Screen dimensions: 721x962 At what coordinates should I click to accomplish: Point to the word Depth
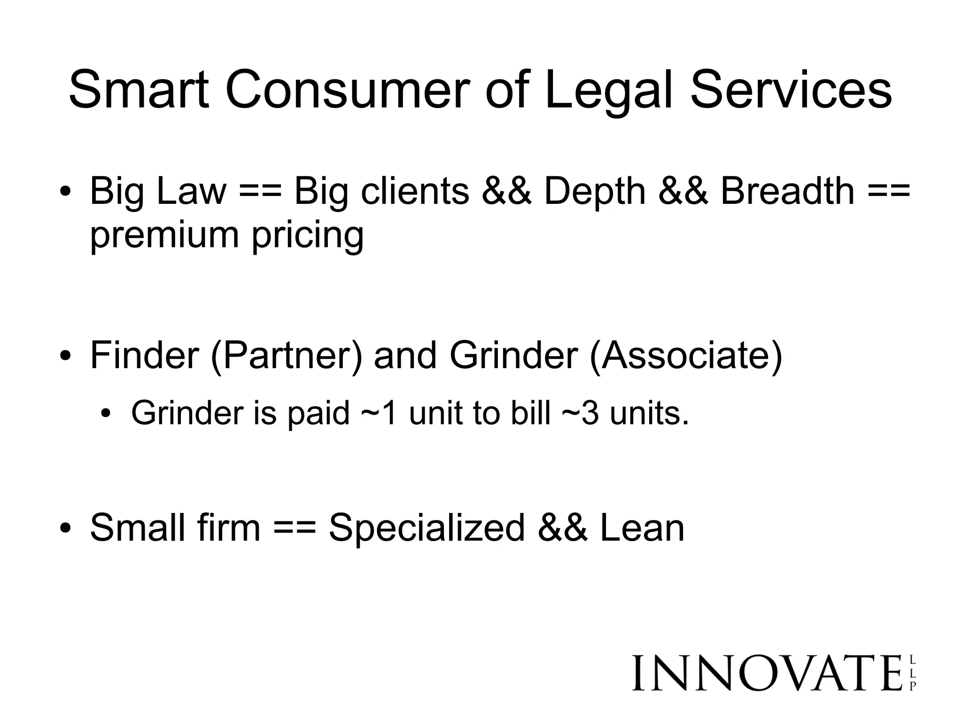(x=595, y=192)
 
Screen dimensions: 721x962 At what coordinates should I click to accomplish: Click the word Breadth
(x=787, y=192)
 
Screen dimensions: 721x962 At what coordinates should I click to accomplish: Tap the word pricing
(x=308, y=236)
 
